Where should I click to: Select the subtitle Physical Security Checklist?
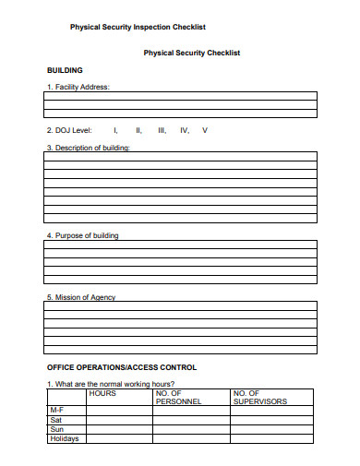pyautogui.click(x=191, y=53)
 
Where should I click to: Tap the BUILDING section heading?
pyautogui.click(x=65, y=70)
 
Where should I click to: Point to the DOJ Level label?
pyautogui.click(x=71, y=130)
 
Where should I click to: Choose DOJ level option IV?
pyautogui.click(x=185, y=130)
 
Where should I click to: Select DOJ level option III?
pyautogui.click(x=162, y=130)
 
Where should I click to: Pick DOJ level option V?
pyautogui.click(x=205, y=130)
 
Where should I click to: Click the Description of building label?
pyautogui.click(x=88, y=148)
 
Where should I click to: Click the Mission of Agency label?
pyautogui.click(x=81, y=297)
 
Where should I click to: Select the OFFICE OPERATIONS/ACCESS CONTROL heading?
pyautogui.click(x=122, y=367)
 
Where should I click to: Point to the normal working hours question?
pyautogui.click(x=110, y=384)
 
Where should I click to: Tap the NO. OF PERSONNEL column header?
pyautogui.click(x=173, y=398)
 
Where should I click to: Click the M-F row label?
pyautogui.click(x=56, y=410)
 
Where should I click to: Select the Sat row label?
pyautogui.click(x=55, y=420)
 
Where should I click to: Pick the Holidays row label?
pyautogui.click(x=64, y=438)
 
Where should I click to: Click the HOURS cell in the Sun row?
pyautogui.click(x=119, y=429)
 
